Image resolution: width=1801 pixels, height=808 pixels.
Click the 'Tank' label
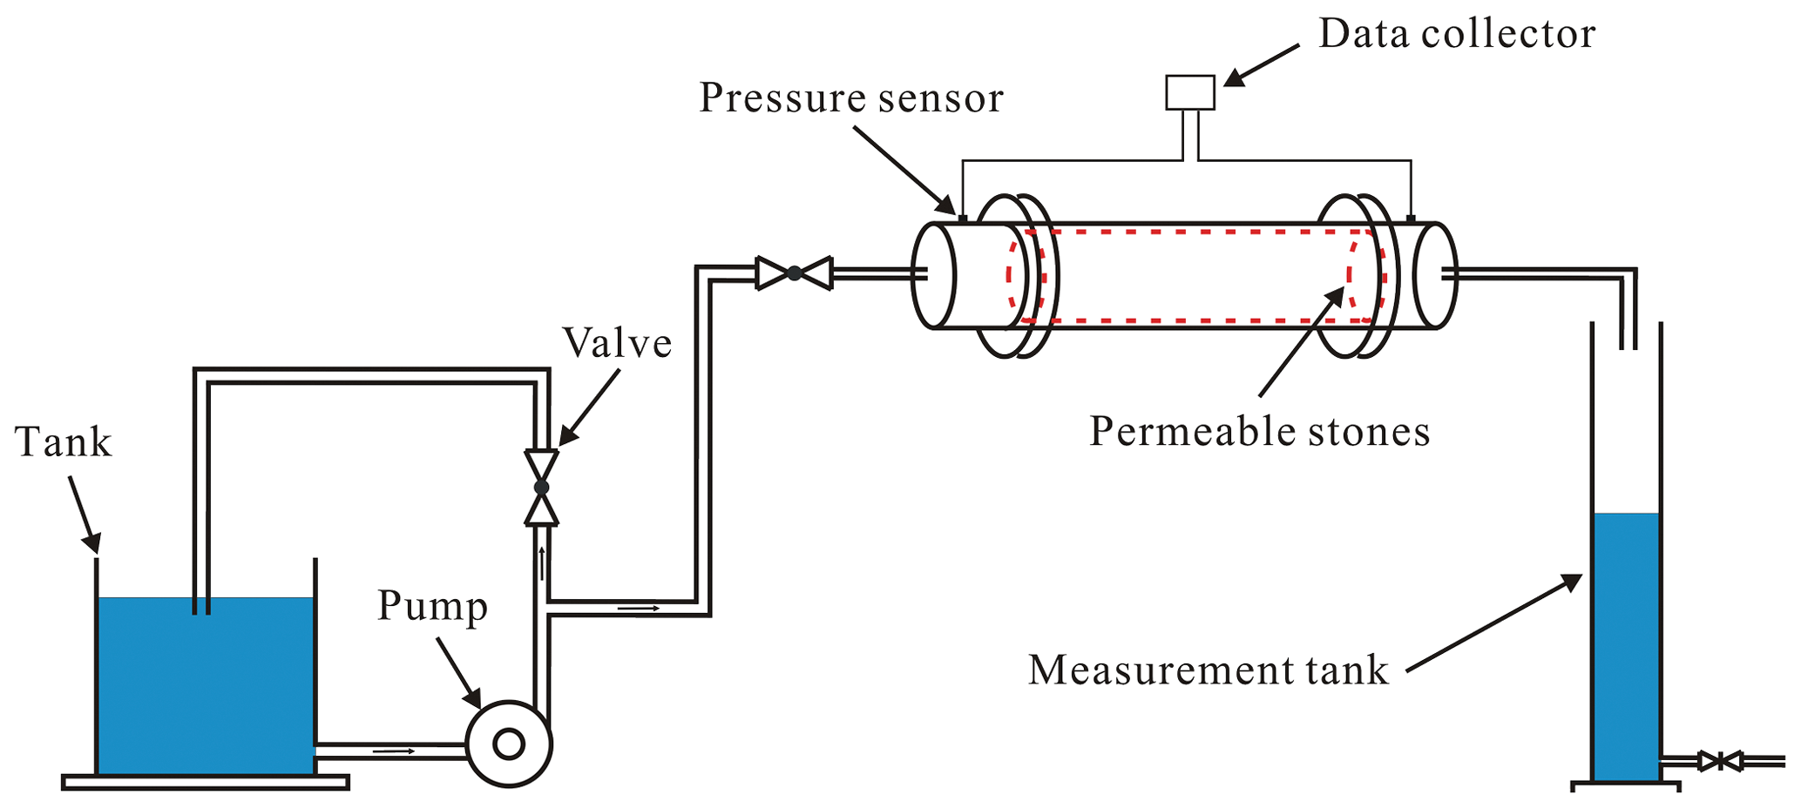[x=63, y=442]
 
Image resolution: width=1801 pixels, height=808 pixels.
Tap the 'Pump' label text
[x=432, y=606]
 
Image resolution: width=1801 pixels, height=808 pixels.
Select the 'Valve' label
[x=617, y=343]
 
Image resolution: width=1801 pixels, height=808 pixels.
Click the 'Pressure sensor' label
[x=851, y=98]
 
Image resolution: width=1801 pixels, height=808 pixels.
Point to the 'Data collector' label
[x=1457, y=34]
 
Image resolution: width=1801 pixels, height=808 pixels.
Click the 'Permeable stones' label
[x=1259, y=431]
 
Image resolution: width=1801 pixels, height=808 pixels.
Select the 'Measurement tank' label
[x=1208, y=670]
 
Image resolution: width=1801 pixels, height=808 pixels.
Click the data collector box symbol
[x=1190, y=92]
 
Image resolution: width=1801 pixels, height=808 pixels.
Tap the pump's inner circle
[x=509, y=744]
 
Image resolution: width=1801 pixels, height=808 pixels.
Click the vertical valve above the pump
[x=541, y=488]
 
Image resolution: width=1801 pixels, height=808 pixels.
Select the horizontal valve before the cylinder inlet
[x=794, y=273]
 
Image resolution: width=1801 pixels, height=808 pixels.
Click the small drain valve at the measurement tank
[x=1720, y=762]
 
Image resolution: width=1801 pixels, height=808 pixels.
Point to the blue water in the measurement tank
[x=1626, y=644]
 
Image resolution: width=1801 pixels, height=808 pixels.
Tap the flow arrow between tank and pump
[x=394, y=751]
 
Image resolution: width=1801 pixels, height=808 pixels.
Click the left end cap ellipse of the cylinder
[x=933, y=275]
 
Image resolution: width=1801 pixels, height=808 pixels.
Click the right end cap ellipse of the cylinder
[x=1434, y=275]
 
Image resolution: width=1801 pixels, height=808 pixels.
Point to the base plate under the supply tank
[x=206, y=783]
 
